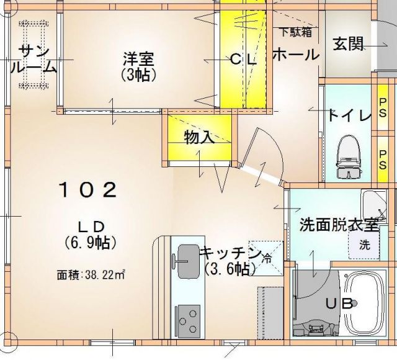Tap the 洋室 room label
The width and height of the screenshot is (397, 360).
[138, 66]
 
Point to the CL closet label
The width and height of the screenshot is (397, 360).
[243, 60]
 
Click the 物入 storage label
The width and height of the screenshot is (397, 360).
[200, 138]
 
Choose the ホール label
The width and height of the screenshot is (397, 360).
[295, 54]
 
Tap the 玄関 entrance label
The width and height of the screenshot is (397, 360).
[347, 45]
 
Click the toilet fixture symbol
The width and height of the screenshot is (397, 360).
[347, 155]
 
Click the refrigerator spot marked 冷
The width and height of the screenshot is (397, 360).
[267, 254]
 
